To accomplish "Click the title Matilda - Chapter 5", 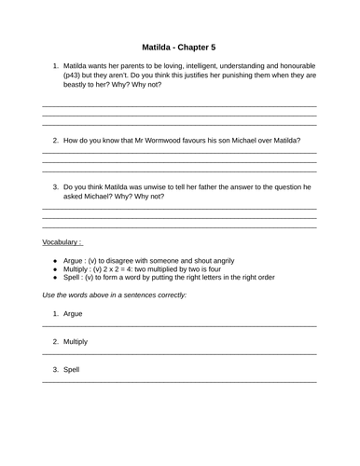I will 179,45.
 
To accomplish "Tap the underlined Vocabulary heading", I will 62,242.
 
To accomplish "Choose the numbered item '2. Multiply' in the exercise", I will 74,342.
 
